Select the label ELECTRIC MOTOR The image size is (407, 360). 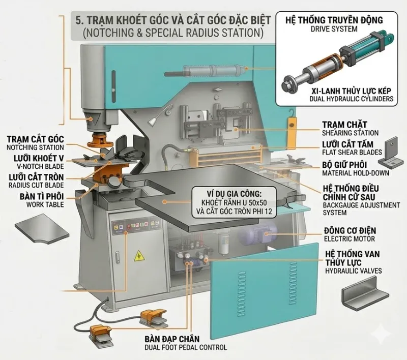pyautogui.click(x=349, y=238)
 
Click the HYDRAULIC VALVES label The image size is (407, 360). pyautogui.click(x=353, y=271)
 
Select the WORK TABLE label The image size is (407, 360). pyautogui.click(x=43, y=204)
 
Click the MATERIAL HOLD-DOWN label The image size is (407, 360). pyautogui.click(x=350, y=173)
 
